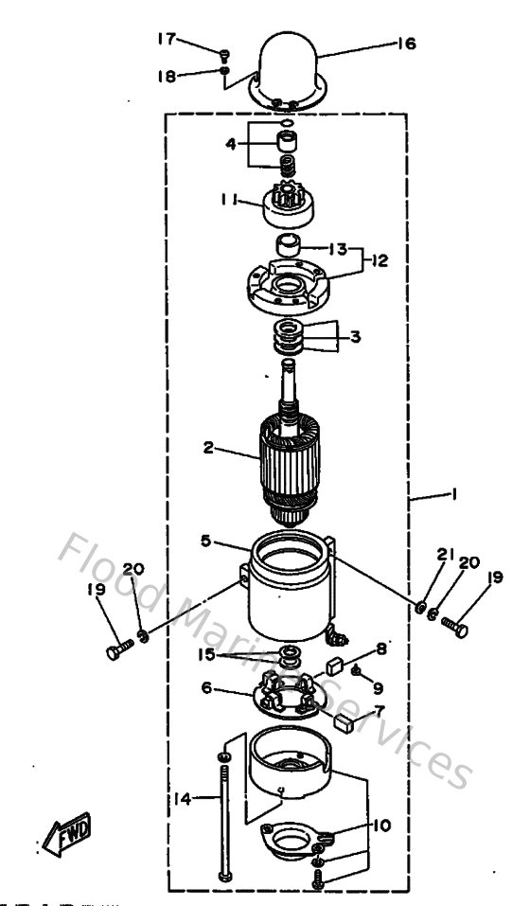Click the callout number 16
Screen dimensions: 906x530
click(x=406, y=43)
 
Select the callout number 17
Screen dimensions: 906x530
click(x=167, y=38)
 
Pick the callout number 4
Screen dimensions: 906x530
click(x=231, y=146)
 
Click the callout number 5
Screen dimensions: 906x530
click(x=204, y=542)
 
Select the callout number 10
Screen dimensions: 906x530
click(x=380, y=825)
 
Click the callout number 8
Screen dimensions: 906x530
click(x=382, y=648)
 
